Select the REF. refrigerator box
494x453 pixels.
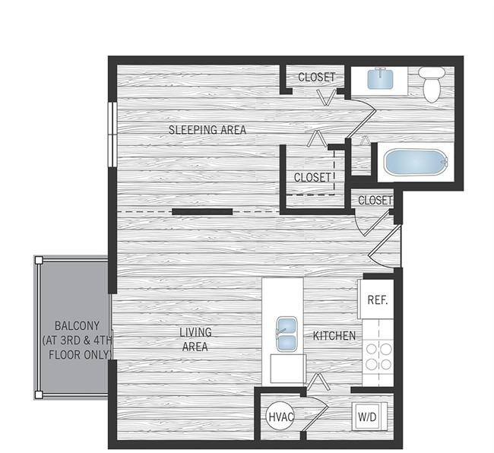[x=377, y=299]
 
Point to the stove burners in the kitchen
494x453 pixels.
[x=378, y=356]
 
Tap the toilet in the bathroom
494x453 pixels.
[x=432, y=84]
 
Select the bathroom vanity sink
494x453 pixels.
[x=380, y=79]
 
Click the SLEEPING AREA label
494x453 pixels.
[x=207, y=130]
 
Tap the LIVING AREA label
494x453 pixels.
[x=195, y=339]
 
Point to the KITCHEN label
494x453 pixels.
[x=334, y=335]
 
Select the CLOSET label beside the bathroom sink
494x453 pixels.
[x=316, y=78]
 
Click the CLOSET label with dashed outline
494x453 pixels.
[x=313, y=177]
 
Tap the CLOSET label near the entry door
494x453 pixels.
[x=375, y=201]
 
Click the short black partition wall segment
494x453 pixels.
[x=202, y=212]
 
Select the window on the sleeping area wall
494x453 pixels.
[x=112, y=132]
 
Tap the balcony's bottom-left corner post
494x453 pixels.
[x=38, y=395]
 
